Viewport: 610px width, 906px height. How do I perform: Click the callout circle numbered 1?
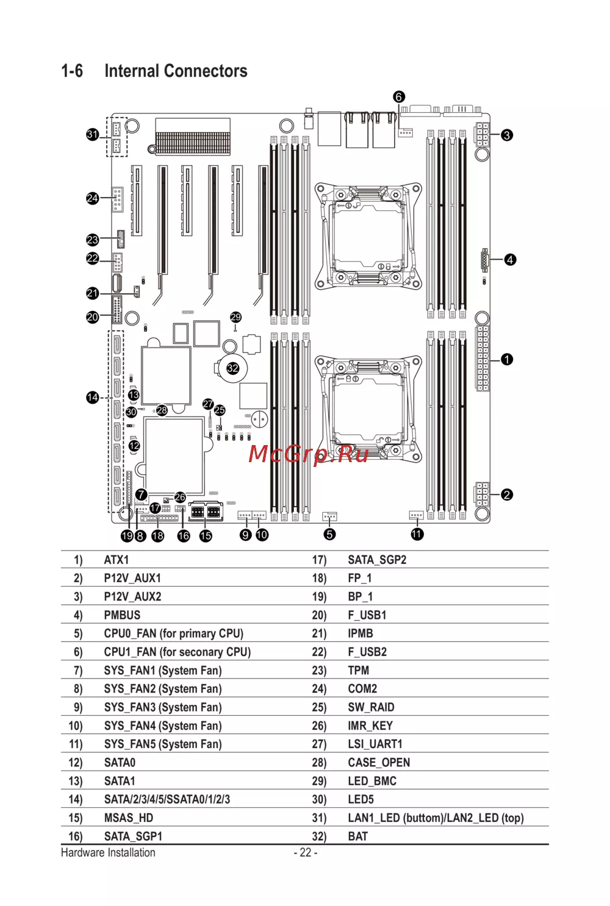(507, 360)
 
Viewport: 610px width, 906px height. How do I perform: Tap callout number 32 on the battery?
(233, 368)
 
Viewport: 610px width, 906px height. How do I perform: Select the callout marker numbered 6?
(399, 97)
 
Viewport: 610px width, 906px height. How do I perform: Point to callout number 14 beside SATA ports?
(92, 398)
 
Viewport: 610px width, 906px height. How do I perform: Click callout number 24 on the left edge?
(92, 198)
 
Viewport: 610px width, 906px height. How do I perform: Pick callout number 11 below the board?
(417, 534)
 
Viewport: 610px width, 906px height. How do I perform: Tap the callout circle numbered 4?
(510, 260)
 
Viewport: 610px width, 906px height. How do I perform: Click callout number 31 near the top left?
(92, 134)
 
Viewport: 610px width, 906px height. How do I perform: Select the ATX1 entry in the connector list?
(117, 560)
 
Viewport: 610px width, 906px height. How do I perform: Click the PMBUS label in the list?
(122, 615)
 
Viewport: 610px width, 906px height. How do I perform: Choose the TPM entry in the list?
(359, 671)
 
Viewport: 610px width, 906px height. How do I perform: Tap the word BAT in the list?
(358, 836)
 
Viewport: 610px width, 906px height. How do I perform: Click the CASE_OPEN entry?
(379, 763)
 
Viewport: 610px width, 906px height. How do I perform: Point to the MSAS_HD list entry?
(129, 818)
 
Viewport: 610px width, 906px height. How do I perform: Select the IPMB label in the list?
(361, 633)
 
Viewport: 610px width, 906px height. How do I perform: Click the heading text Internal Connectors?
(176, 71)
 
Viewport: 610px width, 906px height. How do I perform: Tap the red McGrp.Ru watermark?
(309, 454)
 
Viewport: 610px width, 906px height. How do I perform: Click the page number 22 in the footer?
(306, 852)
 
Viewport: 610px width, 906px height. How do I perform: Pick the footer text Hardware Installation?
(108, 852)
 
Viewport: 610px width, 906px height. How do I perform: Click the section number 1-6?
(72, 71)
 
